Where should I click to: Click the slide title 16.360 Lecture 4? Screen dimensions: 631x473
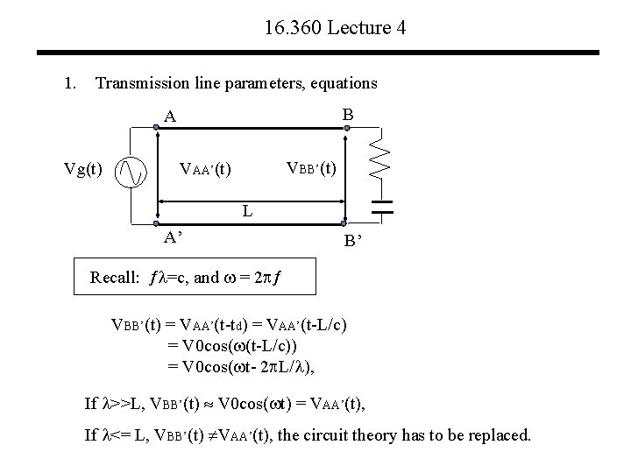point(334,28)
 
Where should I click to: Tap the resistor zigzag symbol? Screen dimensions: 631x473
point(379,155)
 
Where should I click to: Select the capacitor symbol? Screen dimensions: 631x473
point(380,207)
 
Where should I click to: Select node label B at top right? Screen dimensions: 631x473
point(348,115)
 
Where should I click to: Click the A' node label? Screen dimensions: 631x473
point(174,236)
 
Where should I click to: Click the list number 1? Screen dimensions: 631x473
point(69,84)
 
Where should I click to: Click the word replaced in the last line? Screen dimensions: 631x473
point(501,434)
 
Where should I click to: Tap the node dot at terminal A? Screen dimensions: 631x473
point(157,128)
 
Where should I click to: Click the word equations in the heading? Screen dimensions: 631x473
point(343,84)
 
